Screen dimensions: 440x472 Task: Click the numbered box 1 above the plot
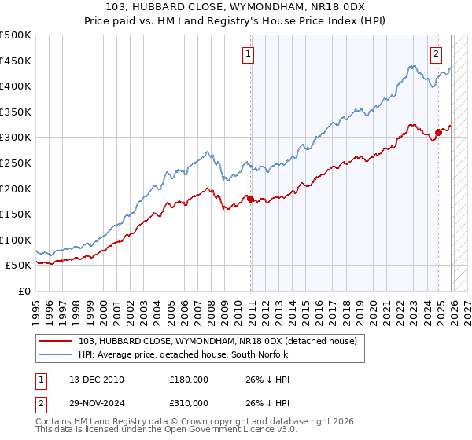(249, 54)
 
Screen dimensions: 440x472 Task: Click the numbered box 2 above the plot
(436, 54)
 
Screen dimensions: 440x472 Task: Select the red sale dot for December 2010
(251, 200)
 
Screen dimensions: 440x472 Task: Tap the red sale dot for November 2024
(439, 132)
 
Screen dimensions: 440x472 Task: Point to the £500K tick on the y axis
(16, 35)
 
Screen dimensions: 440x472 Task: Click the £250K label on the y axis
(16, 163)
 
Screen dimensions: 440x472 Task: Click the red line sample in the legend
(57, 341)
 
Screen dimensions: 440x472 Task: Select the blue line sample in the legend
(57, 354)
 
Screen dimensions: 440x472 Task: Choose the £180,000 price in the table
(189, 379)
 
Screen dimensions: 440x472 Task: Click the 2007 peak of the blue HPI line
(207, 152)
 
